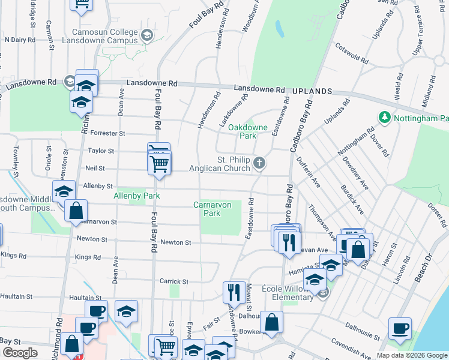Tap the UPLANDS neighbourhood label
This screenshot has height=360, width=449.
pyautogui.click(x=312, y=91)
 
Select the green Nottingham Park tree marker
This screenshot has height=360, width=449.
pyautogui.click(x=384, y=118)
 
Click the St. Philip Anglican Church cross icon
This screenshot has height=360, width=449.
pyautogui.click(x=259, y=163)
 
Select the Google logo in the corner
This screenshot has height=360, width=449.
pyautogui.click(x=20, y=353)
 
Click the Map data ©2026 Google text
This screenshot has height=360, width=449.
pyautogui.click(x=411, y=355)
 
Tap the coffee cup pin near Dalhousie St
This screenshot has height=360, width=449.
pyautogui.click(x=400, y=329)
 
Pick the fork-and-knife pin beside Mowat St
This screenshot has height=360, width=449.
pyautogui.click(x=232, y=292)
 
